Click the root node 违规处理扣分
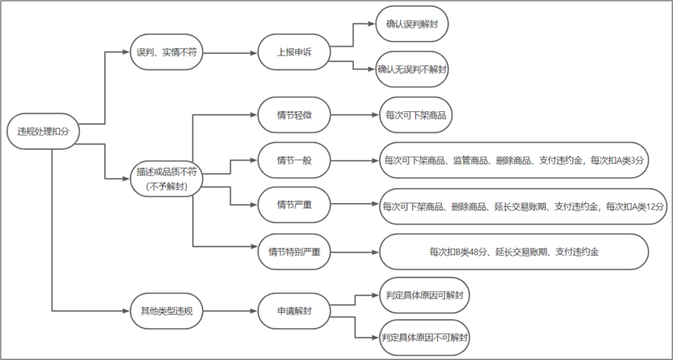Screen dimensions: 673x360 click(x=42, y=131)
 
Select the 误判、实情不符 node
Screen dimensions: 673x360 click(x=166, y=52)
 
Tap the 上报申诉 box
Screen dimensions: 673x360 click(x=294, y=52)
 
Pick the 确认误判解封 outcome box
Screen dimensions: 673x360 click(x=412, y=24)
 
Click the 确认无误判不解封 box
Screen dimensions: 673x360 click(x=412, y=70)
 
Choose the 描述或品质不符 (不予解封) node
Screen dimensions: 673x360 click(x=166, y=179)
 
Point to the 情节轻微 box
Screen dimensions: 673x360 click(x=294, y=115)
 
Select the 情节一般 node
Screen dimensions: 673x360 click(x=294, y=160)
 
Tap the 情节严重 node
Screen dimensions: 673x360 click(x=294, y=205)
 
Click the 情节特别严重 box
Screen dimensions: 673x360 click(x=294, y=251)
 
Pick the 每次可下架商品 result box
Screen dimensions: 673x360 click(x=415, y=115)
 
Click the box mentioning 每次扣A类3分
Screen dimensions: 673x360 click(x=514, y=160)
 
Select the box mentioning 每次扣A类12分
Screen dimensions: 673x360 click(x=523, y=206)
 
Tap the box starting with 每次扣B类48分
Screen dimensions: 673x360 click(x=514, y=251)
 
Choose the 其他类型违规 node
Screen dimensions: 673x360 click(x=166, y=310)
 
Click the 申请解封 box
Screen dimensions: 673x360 click(x=294, y=310)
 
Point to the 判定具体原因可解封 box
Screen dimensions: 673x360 click(x=424, y=295)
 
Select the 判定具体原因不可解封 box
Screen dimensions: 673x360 click(x=424, y=337)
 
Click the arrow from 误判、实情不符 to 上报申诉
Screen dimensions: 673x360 click(x=230, y=53)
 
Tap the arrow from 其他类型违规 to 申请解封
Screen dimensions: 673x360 click(x=230, y=310)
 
